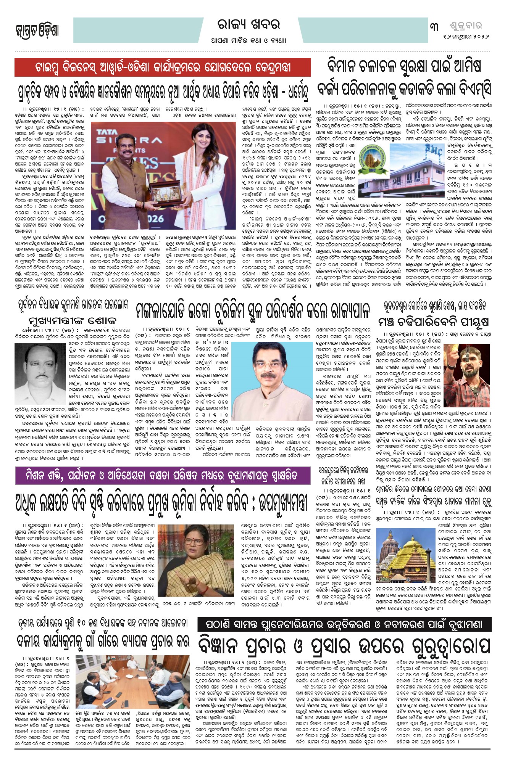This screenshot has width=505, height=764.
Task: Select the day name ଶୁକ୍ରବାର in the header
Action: coord(466,26)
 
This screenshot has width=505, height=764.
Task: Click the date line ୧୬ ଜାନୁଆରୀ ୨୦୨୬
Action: coord(466,37)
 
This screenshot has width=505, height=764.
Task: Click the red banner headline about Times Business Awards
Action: coord(163,68)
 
